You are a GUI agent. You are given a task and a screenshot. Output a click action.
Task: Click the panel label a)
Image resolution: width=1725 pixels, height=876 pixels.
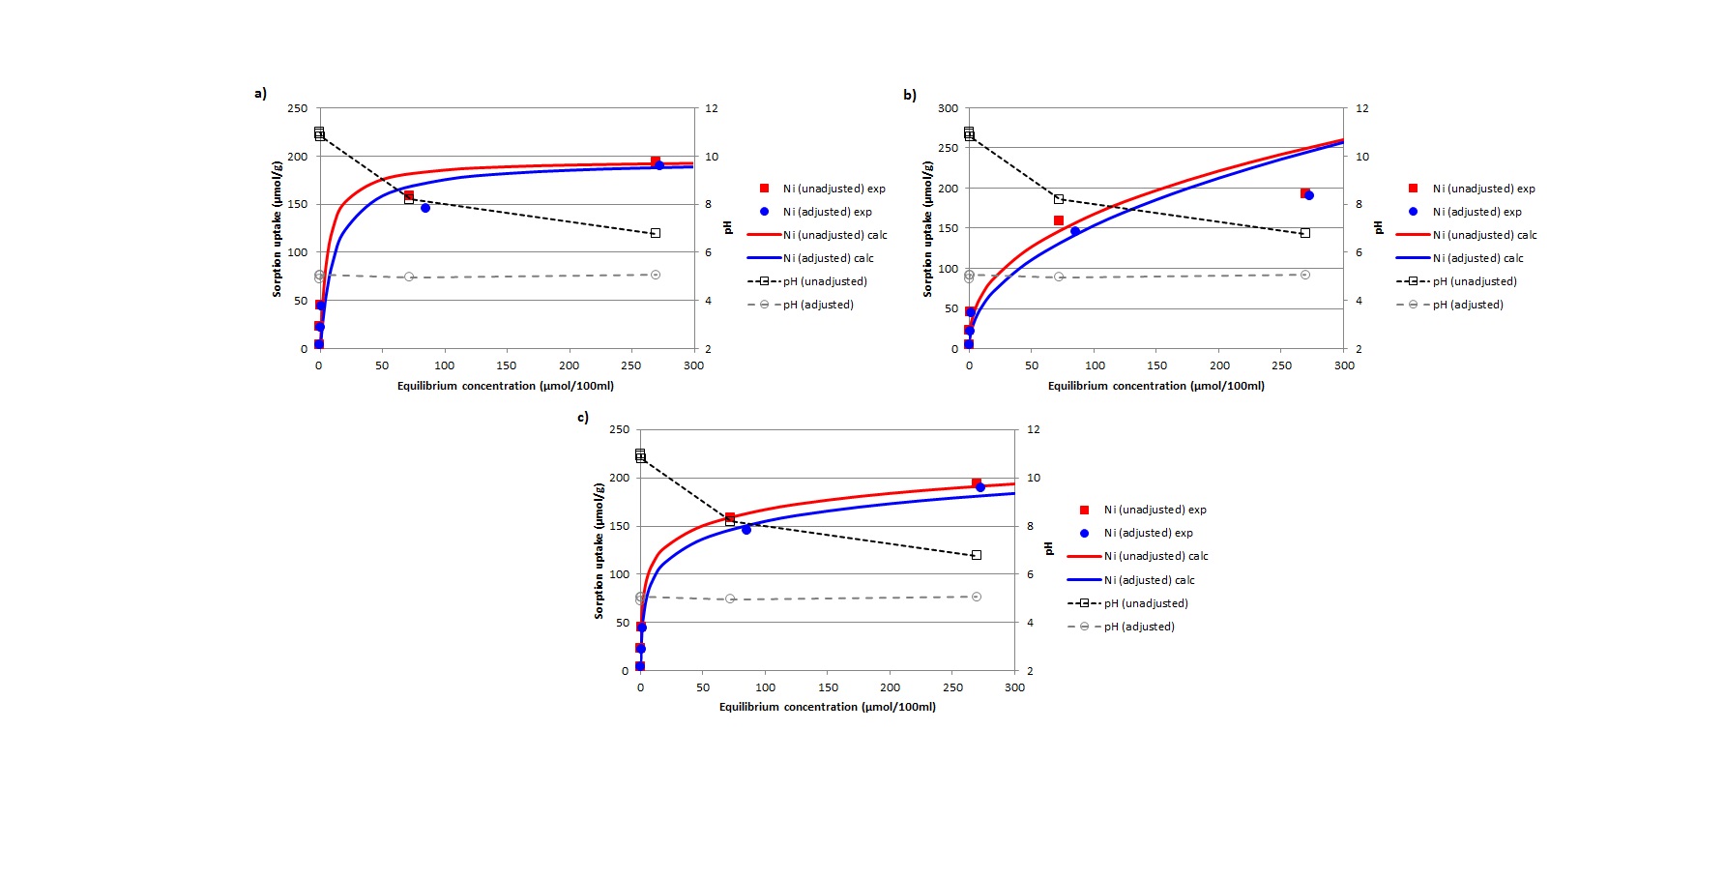click(260, 93)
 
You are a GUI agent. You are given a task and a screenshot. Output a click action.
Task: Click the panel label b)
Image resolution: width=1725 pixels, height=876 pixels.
click(910, 95)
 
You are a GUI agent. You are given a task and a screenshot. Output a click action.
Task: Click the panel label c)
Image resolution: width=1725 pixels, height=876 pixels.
click(583, 417)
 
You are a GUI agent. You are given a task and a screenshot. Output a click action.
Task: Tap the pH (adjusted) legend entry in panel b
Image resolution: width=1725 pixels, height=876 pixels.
click(1468, 305)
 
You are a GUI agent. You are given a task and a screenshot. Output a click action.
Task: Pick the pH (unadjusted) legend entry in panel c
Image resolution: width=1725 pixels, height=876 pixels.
click(1146, 603)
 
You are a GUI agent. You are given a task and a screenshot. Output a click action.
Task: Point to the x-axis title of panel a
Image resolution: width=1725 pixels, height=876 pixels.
click(505, 386)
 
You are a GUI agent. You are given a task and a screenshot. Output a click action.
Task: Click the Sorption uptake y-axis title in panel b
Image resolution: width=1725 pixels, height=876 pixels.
click(927, 228)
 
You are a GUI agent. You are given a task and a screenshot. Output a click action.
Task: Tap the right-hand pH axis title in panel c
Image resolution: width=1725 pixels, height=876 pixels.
click(1049, 548)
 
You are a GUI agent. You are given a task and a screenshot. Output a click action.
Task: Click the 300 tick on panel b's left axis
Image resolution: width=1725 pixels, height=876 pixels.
click(948, 108)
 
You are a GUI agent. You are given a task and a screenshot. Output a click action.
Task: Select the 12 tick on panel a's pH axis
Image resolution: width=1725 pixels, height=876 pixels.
click(712, 108)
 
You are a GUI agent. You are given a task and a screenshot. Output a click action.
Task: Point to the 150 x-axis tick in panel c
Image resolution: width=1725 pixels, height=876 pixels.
click(828, 687)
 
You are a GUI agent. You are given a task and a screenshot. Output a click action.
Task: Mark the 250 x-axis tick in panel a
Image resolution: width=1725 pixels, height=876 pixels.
click(630, 365)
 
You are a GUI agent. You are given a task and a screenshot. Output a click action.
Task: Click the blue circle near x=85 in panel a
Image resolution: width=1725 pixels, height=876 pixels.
click(425, 208)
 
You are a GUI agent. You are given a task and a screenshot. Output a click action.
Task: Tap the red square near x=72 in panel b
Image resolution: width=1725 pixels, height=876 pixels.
click(1059, 220)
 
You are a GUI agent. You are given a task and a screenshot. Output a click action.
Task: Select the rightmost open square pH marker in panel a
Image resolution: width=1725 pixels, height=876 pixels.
click(656, 233)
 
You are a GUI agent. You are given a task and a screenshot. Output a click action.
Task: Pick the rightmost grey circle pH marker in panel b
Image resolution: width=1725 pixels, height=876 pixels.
click(1305, 275)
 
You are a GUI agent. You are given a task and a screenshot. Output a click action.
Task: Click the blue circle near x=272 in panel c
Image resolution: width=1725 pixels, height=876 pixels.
click(980, 487)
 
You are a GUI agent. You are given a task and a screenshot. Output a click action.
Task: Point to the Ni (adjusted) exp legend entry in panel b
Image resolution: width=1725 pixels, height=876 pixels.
click(1476, 212)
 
